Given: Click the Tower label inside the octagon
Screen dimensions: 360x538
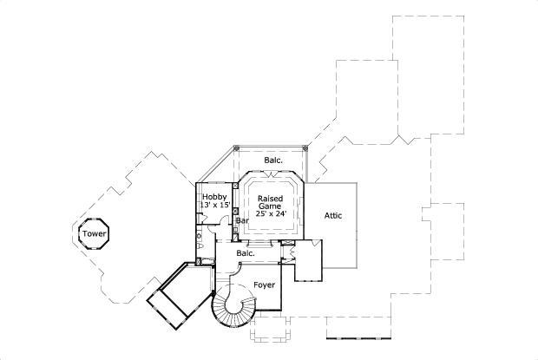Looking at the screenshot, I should pyautogui.click(x=93, y=234).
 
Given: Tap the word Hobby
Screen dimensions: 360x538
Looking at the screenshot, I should pyautogui.click(x=214, y=197).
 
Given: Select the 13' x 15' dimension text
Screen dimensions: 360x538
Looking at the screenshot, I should pyautogui.click(x=215, y=206).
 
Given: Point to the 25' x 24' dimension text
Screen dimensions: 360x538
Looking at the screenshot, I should pyautogui.click(x=270, y=213).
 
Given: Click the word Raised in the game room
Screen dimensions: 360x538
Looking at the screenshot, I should pyautogui.click(x=270, y=198).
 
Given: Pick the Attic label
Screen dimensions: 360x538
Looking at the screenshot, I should pyautogui.click(x=333, y=215).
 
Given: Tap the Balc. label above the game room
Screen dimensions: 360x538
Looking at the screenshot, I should pyautogui.click(x=272, y=160).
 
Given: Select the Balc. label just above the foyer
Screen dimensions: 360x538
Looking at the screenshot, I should pyautogui.click(x=246, y=253).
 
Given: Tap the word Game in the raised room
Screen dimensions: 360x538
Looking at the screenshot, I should pyautogui.click(x=270, y=206).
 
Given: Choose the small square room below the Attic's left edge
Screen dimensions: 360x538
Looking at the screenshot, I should pyautogui.click(x=308, y=261).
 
